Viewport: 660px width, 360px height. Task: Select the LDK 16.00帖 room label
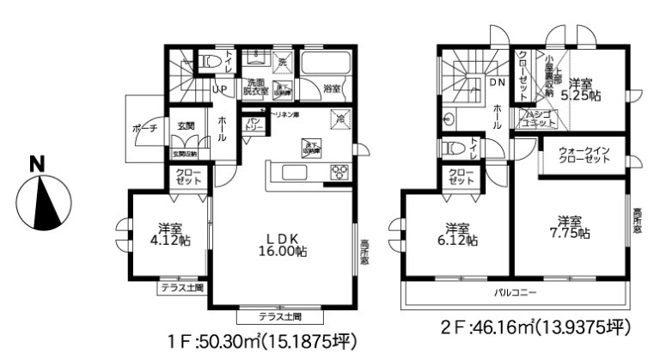click(281, 245)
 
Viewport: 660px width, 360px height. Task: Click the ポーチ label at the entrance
click(145, 129)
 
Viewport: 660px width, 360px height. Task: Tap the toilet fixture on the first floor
click(210, 61)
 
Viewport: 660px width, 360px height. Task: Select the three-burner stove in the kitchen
click(338, 170)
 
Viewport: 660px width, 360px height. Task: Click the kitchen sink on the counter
click(293, 172)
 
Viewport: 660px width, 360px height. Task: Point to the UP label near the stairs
click(219, 88)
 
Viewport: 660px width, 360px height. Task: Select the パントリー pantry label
click(254, 126)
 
